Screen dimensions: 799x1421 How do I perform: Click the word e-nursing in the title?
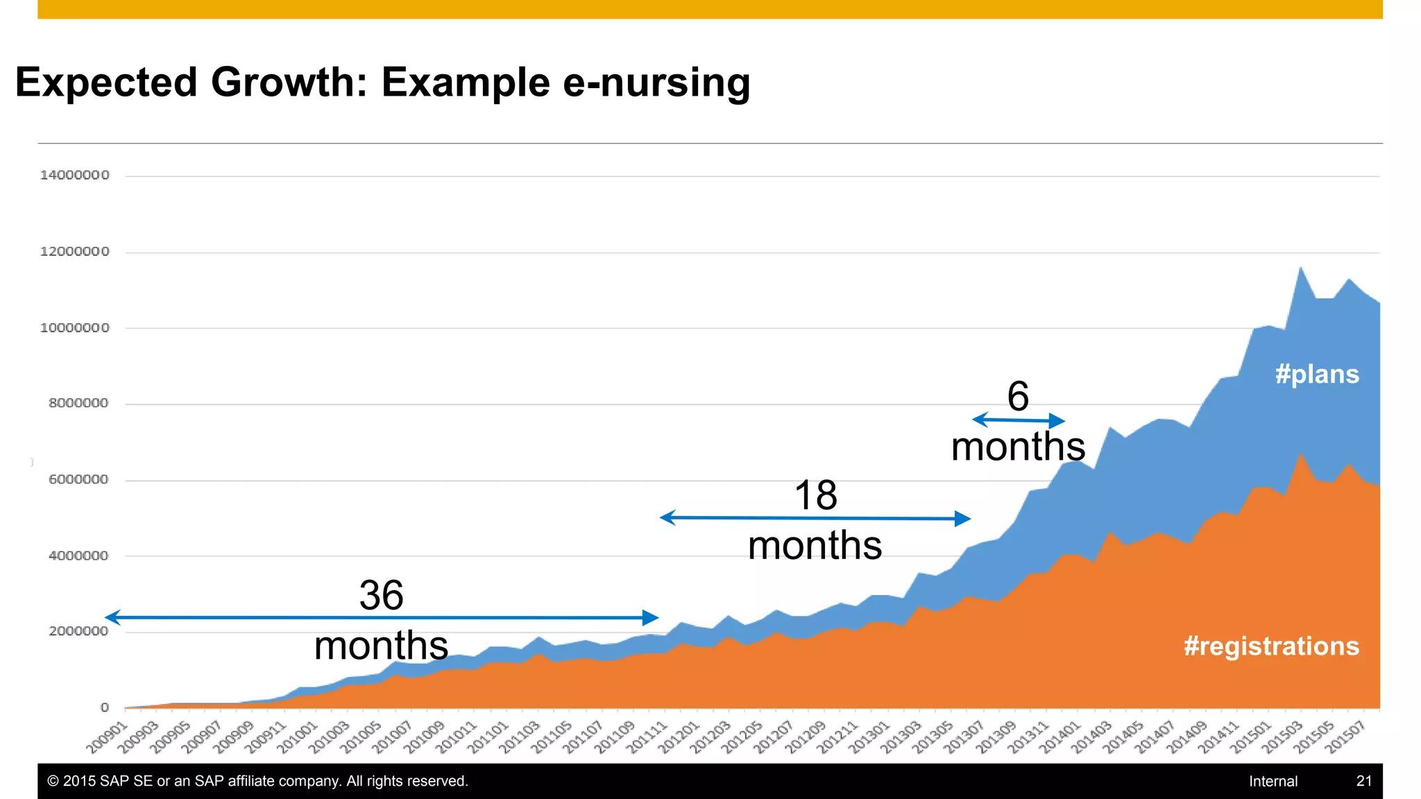656,83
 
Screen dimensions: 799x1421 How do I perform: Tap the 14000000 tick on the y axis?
74,175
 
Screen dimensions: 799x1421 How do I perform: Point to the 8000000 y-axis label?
78,404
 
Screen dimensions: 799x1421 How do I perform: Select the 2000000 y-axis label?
78,631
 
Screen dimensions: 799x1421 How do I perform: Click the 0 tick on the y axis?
105,707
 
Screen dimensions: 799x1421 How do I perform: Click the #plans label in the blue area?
1316,375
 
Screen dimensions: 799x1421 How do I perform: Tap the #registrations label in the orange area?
1271,646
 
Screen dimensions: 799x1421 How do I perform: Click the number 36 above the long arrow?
381,595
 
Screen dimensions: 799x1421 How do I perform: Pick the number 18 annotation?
815,495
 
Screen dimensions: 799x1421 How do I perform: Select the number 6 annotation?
1018,396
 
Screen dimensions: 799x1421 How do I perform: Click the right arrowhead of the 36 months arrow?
651,617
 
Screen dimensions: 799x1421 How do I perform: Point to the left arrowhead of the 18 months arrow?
667,517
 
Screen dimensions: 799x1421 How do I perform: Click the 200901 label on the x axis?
108,737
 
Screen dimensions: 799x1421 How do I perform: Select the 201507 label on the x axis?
1345,737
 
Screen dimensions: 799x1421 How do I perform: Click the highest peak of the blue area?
1300,268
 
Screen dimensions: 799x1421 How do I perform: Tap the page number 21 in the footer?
1363,781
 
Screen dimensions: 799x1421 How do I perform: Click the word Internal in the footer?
1273,781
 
